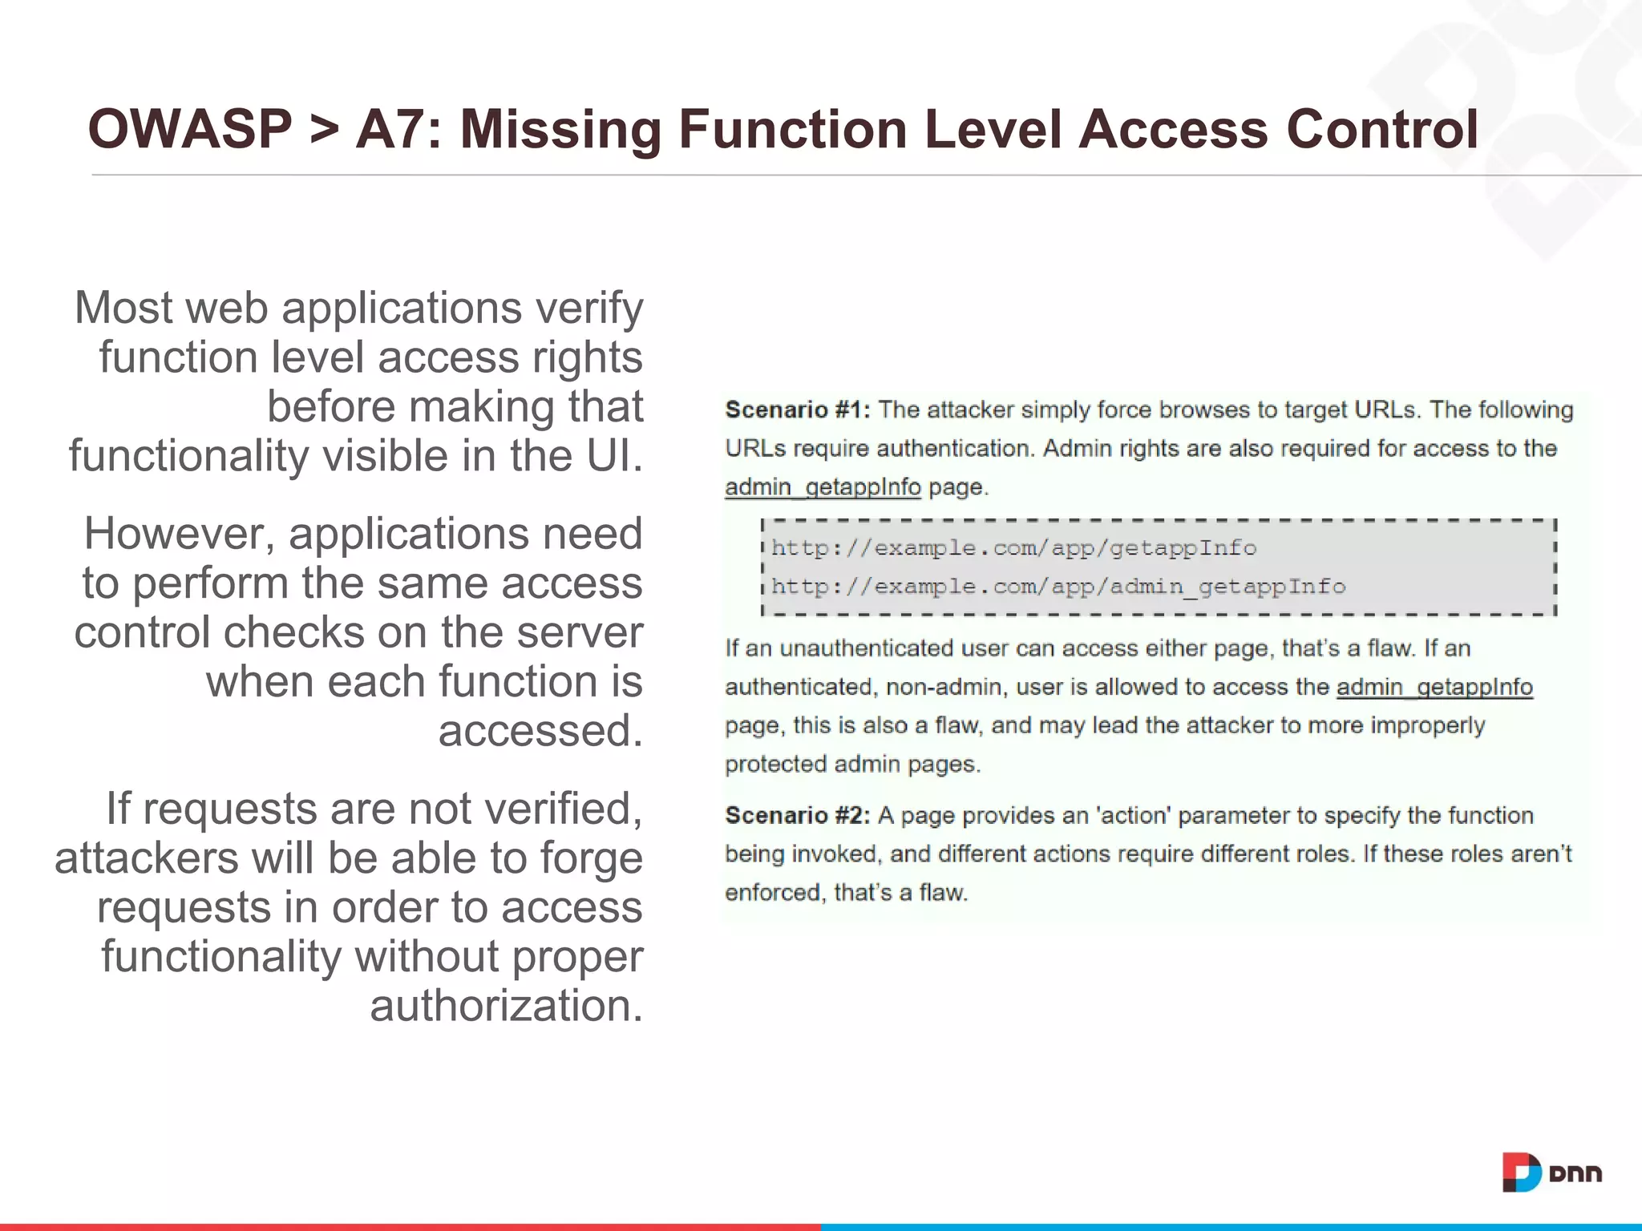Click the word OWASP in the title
pyautogui.click(x=190, y=130)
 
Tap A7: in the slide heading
pyautogui.click(x=398, y=130)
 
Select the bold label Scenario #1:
pyautogui.click(x=797, y=410)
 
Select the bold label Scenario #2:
pyautogui.click(x=797, y=816)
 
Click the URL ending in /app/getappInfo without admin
pyautogui.click(x=1013, y=548)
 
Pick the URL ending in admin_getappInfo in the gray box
pyautogui.click(x=1058, y=587)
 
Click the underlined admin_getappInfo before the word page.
pyautogui.click(x=823, y=487)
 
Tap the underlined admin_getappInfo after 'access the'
pyautogui.click(x=1434, y=687)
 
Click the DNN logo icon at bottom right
pyautogui.click(x=1521, y=1172)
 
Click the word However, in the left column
pyautogui.click(x=180, y=535)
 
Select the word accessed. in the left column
pyautogui.click(x=540, y=731)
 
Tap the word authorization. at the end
pyautogui.click(x=506, y=1006)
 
